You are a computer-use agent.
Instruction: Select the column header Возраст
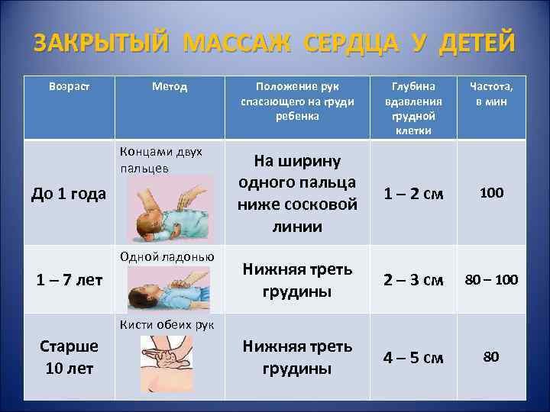pyautogui.click(x=69, y=87)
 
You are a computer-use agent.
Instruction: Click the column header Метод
pyautogui.click(x=170, y=87)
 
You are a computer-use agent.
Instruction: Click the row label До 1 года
pyautogui.click(x=68, y=194)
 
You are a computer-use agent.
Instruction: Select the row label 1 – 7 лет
pyautogui.click(x=68, y=279)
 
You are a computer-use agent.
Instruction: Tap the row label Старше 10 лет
pyautogui.click(x=68, y=357)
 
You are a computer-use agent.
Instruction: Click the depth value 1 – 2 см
pyautogui.click(x=412, y=194)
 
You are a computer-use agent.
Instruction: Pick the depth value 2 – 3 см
pyautogui.click(x=412, y=279)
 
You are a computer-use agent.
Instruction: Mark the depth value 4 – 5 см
pyautogui.click(x=412, y=357)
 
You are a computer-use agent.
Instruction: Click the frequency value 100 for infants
pyautogui.click(x=491, y=193)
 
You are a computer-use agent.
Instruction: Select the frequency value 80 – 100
pyautogui.click(x=491, y=279)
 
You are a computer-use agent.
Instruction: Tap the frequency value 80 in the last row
pyautogui.click(x=491, y=357)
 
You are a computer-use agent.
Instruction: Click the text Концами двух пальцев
pyautogui.click(x=161, y=159)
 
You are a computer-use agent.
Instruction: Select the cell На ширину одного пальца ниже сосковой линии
pyautogui.click(x=297, y=194)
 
